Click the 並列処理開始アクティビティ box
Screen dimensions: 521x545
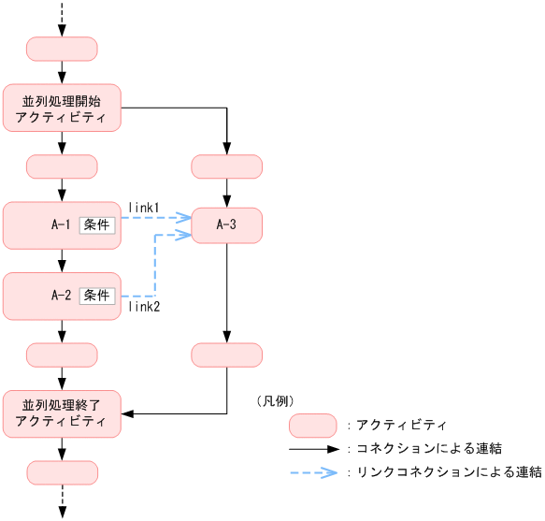click(x=62, y=108)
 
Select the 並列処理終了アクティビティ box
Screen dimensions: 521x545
click(x=62, y=413)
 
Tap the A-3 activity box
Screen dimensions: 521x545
click(x=226, y=224)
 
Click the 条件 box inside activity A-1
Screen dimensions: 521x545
click(x=96, y=225)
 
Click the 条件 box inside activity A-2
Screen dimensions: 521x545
click(x=96, y=296)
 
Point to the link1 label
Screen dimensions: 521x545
click(x=144, y=207)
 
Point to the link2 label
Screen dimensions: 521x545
click(x=144, y=306)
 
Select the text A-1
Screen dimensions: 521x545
click(x=62, y=225)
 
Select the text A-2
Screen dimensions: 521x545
click(x=62, y=296)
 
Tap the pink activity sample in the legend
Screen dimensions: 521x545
click(x=312, y=425)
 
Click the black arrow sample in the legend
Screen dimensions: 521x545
click(x=312, y=449)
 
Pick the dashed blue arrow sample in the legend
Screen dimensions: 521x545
click(x=312, y=472)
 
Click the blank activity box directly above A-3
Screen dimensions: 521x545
click(x=226, y=166)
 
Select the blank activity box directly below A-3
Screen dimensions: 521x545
click(x=226, y=355)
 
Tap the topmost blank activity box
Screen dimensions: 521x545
click(x=62, y=49)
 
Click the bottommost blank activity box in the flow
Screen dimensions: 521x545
click(x=62, y=472)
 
